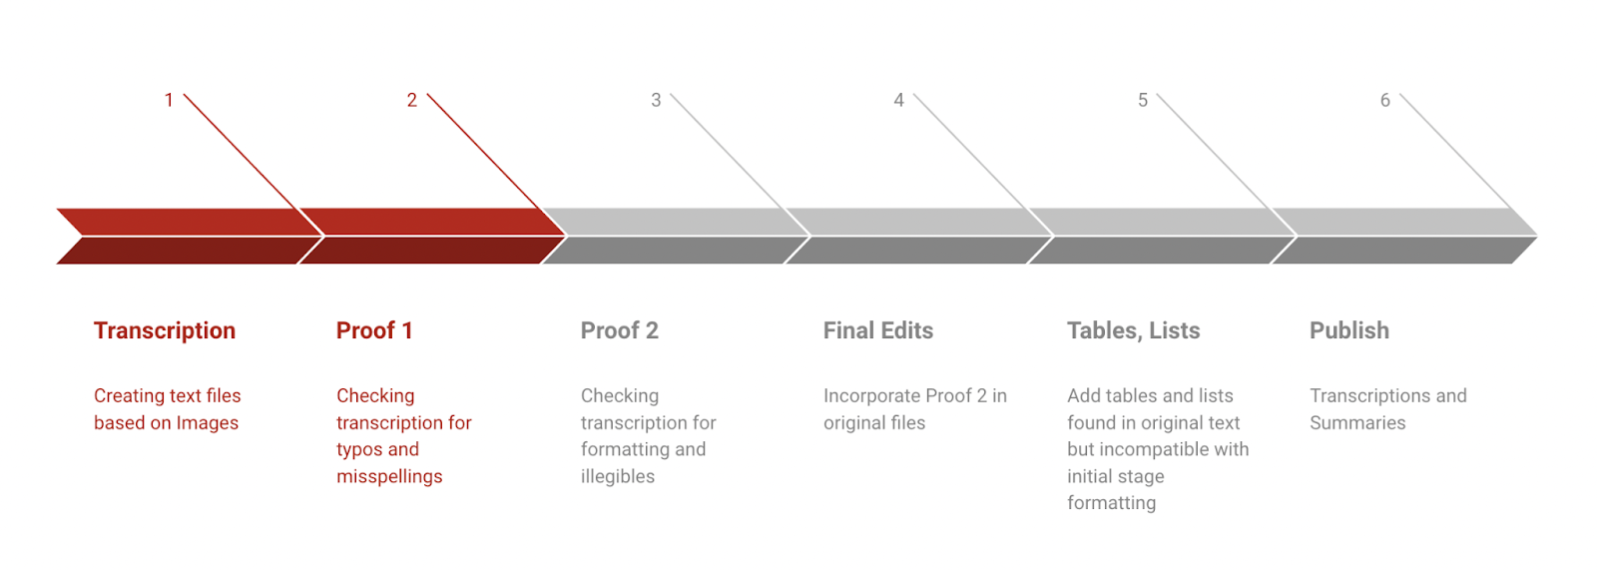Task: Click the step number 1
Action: tap(169, 100)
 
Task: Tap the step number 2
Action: tap(412, 100)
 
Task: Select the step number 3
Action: tap(656, 100)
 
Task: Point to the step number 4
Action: tap(899, 100)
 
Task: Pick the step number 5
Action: tap(1143, 100)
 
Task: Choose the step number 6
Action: tap(1385, 100)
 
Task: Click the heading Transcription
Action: tap(165, 331)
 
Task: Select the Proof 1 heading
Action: tap(374, 330)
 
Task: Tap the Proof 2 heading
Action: tap(620, 330)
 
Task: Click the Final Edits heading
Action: tap(878, 330)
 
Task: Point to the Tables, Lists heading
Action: tap(1134, 331)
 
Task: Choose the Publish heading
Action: tap(1349, 330)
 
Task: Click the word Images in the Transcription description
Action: tap(208, 423)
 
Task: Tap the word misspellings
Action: tap(389, 476)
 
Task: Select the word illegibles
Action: tap(618, 476)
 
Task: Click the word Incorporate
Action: tap(872, 396)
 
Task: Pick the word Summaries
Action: tap(1357, 423)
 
